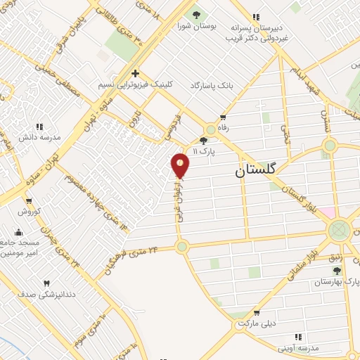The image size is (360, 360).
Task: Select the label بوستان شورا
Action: pos(196,27)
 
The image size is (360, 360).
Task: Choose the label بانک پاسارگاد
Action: pos(210,84)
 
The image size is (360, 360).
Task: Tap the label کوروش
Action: pos(31,211)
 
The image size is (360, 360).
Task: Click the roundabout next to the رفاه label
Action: pos(210,129)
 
